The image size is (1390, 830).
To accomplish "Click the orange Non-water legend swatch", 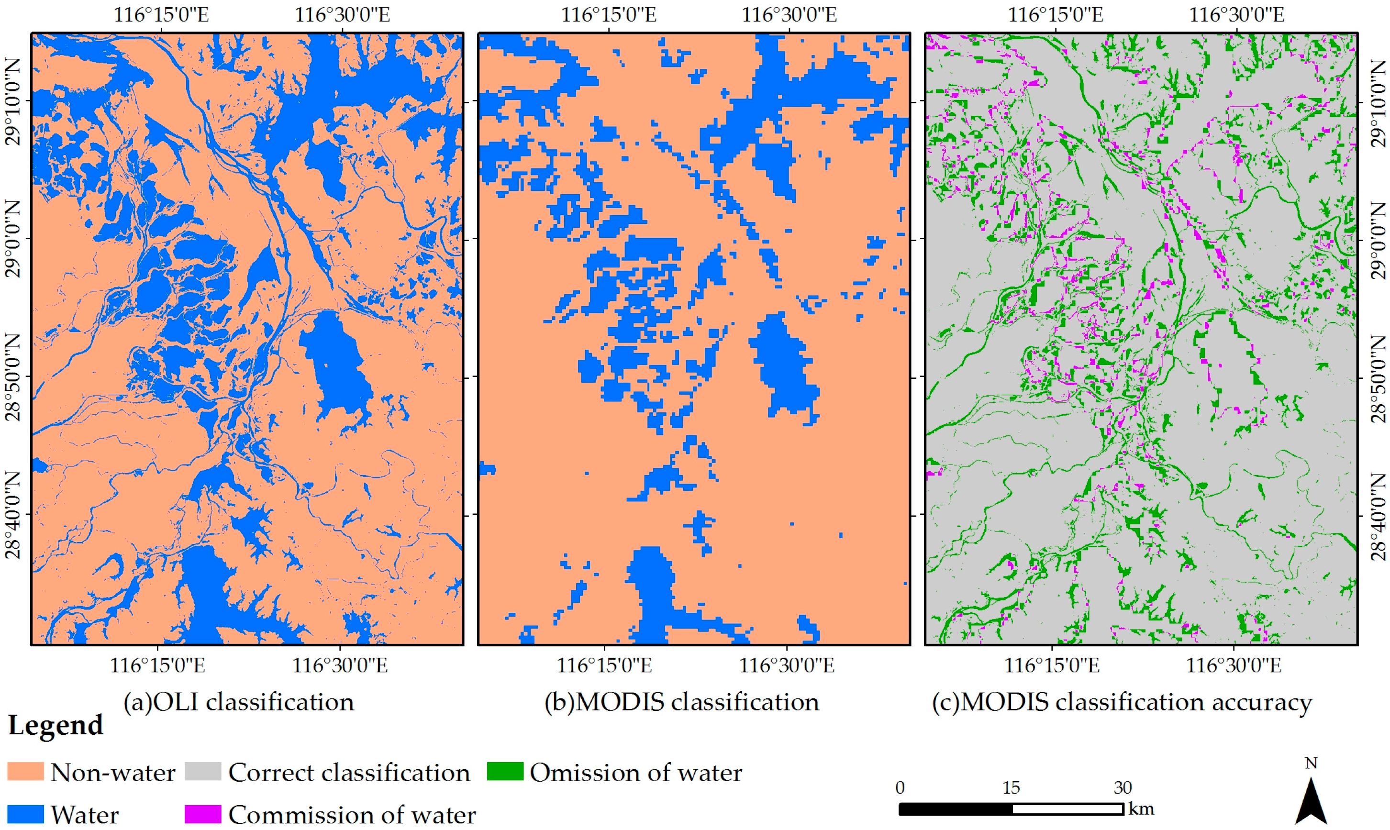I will [25, 771].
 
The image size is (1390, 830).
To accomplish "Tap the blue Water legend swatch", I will [25, 814].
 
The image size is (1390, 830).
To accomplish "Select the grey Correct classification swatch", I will [203, 771].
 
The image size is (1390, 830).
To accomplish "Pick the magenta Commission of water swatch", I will [203, 814].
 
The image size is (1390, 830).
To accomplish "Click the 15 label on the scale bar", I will [1011, 787].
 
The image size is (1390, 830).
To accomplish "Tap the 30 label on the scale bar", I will [1122, 787].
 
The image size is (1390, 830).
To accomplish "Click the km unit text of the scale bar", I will [1141, 809].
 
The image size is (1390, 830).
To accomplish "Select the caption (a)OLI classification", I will [239, 702].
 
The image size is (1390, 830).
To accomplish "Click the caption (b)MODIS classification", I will [681, 702].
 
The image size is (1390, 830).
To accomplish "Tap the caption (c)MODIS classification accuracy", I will [1122, 702].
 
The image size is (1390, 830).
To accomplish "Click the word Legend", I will [56, 725].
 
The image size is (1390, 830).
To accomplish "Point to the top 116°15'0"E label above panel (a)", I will [161, 14].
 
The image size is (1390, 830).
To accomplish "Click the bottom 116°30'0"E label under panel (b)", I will [787, 665].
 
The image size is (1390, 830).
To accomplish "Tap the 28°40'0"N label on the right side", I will [1377, 515].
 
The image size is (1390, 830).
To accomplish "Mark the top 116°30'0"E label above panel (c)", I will [1236, 14].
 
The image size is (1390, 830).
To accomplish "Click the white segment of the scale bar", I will [1067, 809].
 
